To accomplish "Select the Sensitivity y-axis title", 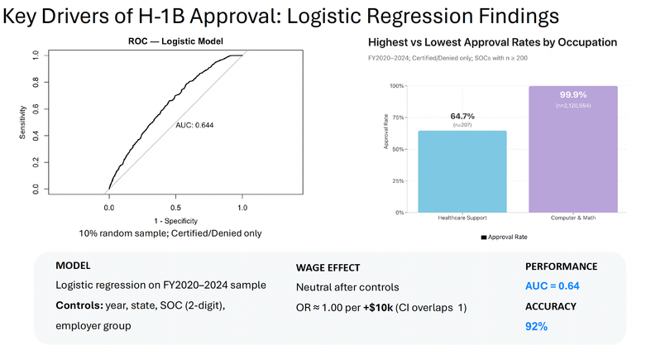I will click(24, 122).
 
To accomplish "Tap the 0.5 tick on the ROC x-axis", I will click(176, 207).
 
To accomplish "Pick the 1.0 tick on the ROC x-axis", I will click(242, 207).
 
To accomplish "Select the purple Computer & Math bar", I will click(572, 149).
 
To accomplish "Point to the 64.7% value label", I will click(462, 116).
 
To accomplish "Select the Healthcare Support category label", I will click(462, 218).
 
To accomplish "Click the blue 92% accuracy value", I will click(537, 326).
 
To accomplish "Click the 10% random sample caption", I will click(170, 233).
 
